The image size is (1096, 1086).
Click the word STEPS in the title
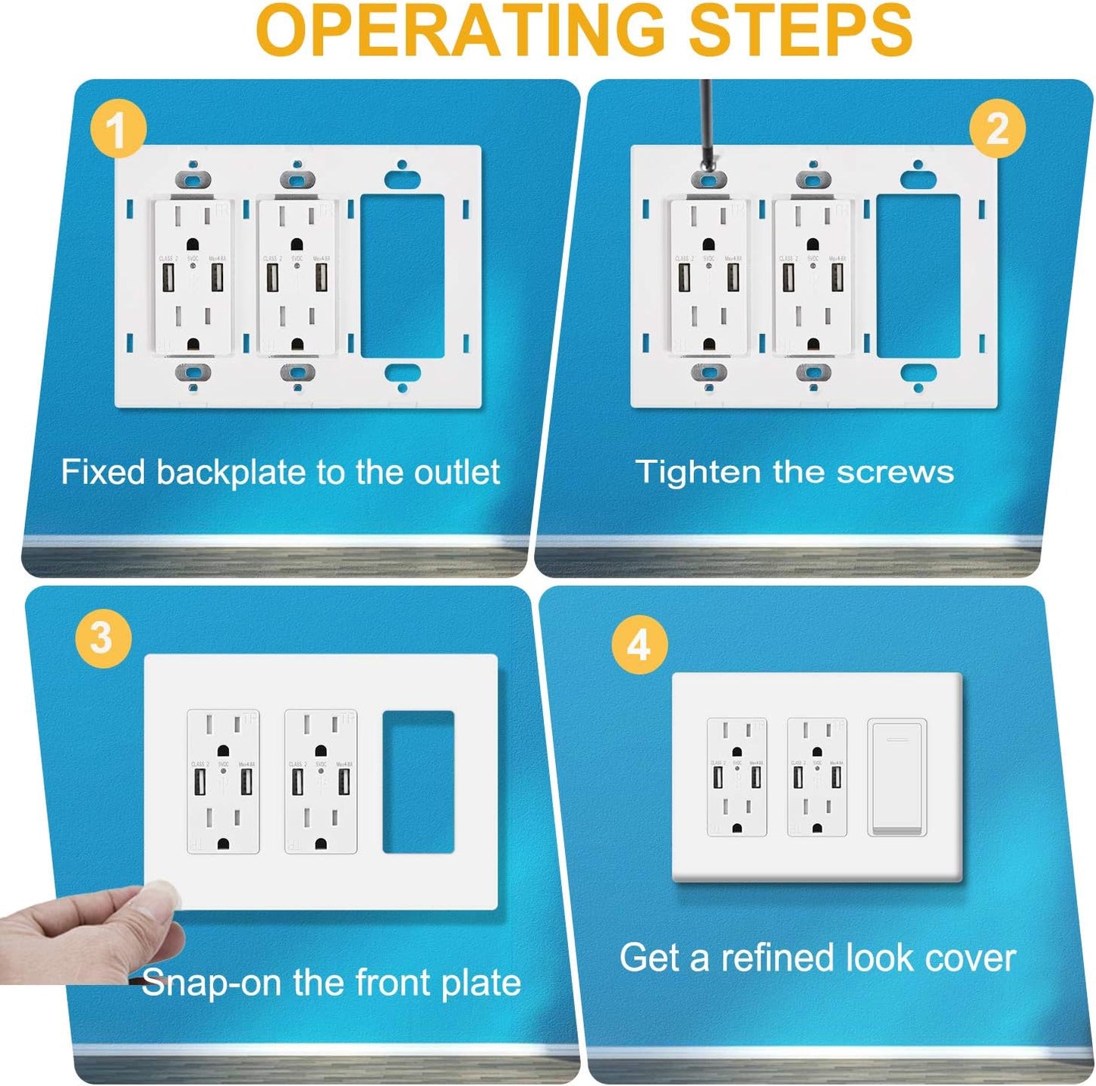[799, 30]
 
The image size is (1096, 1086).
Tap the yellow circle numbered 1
[117, 130]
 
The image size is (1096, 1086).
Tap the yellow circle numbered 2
[997, 129]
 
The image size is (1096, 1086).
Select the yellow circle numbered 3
[103, 638]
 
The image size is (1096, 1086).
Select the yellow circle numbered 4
[639, 645]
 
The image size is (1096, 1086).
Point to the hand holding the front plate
[91, 933]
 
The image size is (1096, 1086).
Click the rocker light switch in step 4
[897, 778]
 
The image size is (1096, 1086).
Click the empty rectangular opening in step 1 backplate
[402, 276]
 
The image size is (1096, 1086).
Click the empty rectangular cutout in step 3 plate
[418, 782]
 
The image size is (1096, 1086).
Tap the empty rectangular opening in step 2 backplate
[918, 276]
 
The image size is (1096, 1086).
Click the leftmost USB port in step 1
[168, 279]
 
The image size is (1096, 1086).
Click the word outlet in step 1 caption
[457, 472]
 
